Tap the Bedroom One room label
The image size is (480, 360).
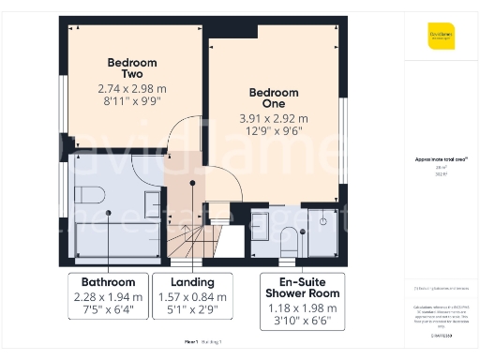tap(274, 98)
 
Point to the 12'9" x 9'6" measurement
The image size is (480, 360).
tap(274, 133)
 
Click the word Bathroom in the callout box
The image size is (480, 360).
tap(109, 281)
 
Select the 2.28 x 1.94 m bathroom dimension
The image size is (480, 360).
tap(109, 297)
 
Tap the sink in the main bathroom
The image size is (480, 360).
tap(151, 202)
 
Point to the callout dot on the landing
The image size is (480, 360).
tap(192, 184)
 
